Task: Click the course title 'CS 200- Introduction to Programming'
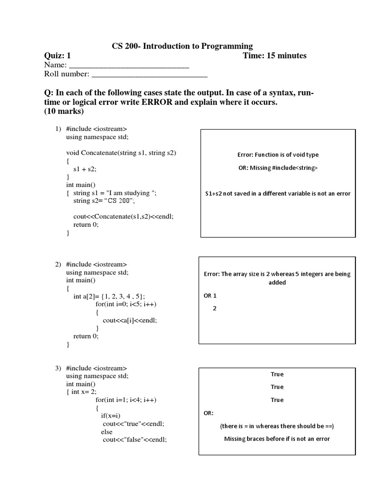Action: point(182,46)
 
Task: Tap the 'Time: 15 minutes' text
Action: point(274,56)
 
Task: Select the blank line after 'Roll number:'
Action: point(149,74)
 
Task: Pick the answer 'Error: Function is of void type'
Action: point(278,155)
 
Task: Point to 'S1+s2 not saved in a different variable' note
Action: point(278,194)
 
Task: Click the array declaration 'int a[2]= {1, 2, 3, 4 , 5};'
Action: point(109,296)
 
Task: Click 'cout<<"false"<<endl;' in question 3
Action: point(135,439)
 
